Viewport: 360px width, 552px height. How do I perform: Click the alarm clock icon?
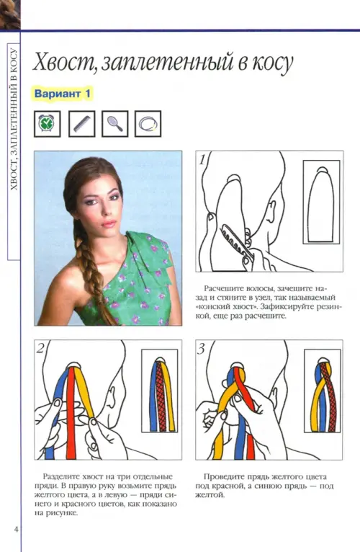(47, 123)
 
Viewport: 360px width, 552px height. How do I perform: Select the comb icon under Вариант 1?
(81, 123)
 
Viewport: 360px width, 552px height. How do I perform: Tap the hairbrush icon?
(115, 123)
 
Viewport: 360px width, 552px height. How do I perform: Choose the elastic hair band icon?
(148, 123)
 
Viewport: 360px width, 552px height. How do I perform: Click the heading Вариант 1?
(63, 94)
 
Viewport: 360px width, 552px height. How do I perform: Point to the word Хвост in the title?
(63, 62)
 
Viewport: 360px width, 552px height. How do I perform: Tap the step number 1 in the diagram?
(202, 160)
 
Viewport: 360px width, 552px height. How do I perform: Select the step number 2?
(40, 348)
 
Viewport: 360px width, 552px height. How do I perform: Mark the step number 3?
(202, 349)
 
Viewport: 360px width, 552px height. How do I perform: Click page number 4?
(16, 529)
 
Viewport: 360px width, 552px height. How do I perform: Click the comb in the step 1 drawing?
(236, 243)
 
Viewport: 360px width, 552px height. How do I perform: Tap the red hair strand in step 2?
(71, 413)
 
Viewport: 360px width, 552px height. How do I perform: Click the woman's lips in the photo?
(109, 224)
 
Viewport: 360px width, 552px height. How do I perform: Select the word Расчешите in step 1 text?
(221, 289)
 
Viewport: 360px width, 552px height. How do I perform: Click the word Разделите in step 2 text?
(60, 476)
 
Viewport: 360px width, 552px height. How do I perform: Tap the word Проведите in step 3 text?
(222, 477)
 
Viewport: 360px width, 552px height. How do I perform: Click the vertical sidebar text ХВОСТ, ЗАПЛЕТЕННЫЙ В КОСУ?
(14, 119)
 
